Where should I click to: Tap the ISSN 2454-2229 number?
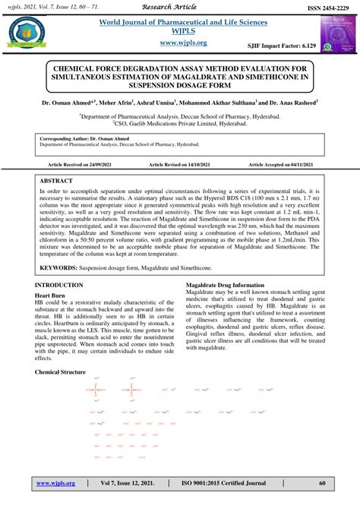pos(326,6)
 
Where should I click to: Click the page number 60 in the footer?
pos(321,482)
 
